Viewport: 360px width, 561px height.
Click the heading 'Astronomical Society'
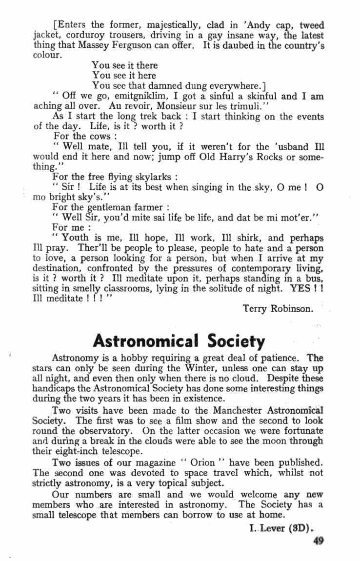coord(179,340)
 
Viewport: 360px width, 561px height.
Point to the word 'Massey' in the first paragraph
coord(88,45)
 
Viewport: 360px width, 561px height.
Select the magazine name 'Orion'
coord(201,461)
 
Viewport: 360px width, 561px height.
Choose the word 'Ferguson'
coord(130,45)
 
